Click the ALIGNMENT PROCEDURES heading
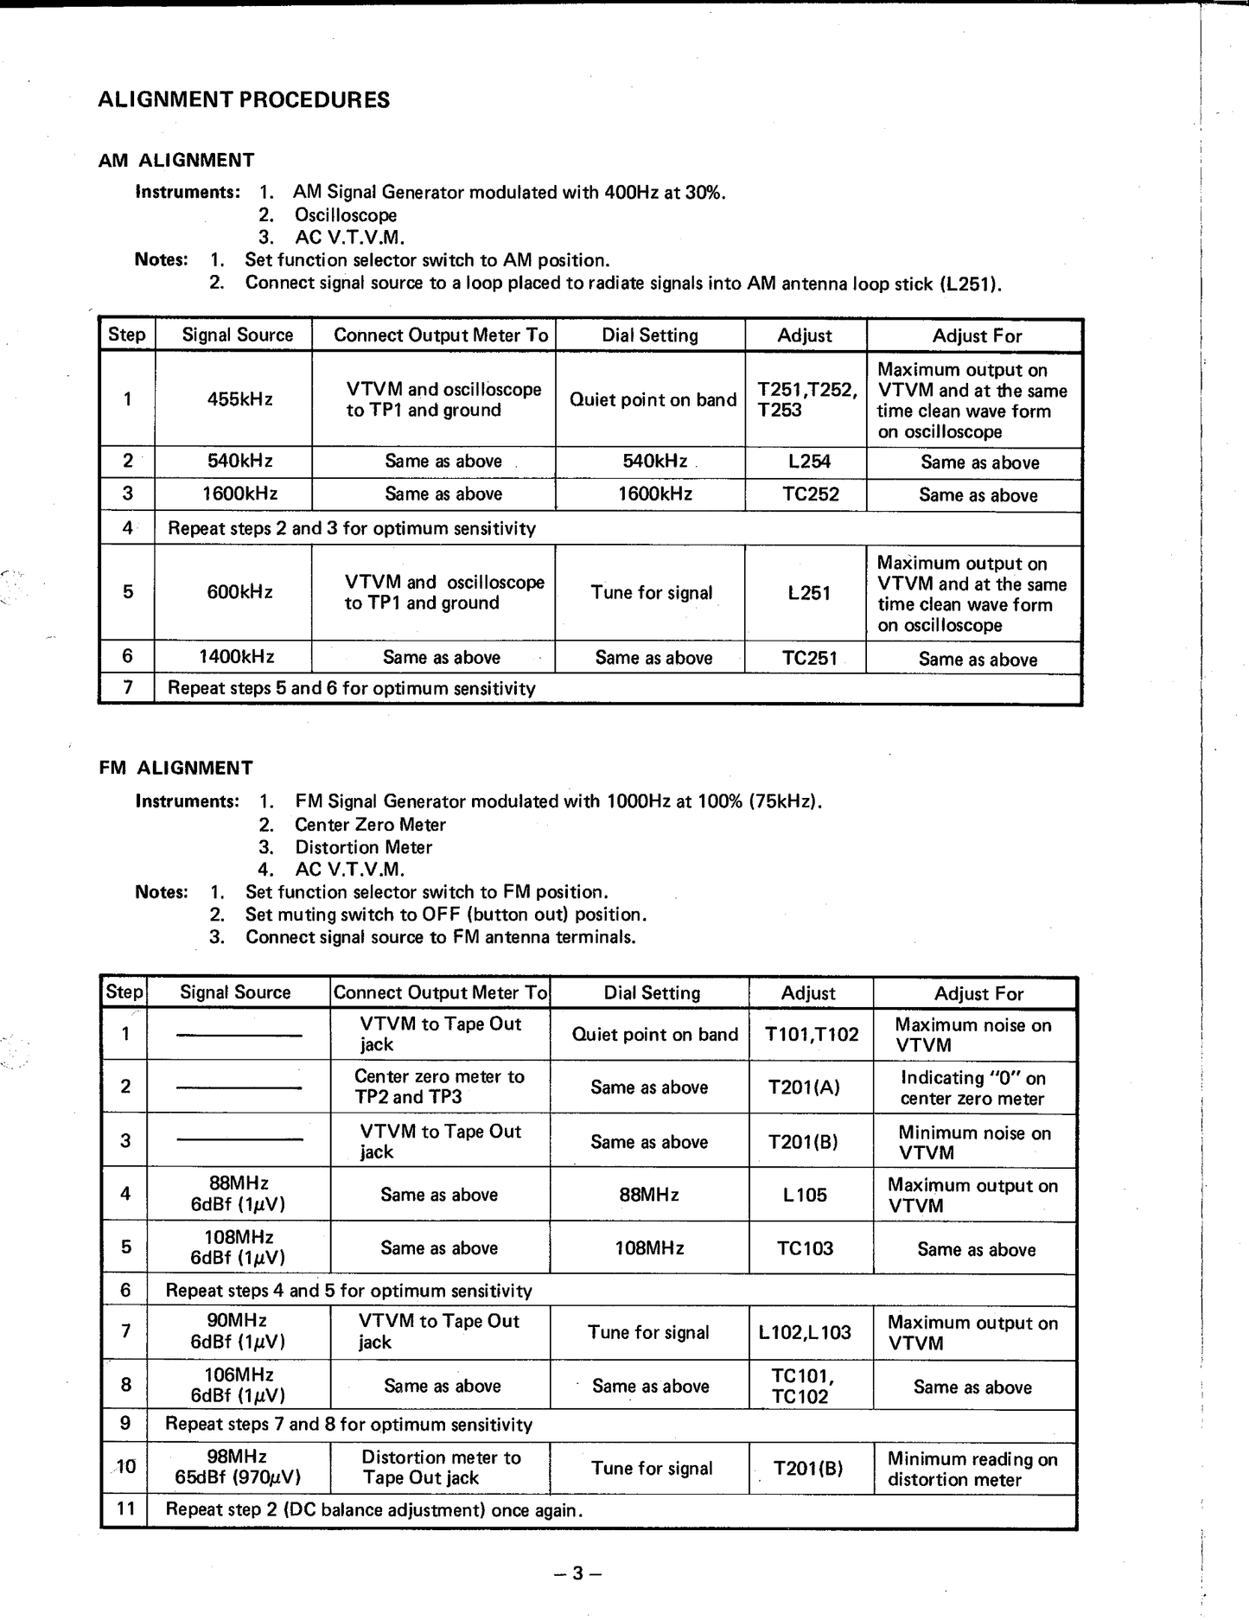click(x=244, y=100)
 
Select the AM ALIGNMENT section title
click(x=176, y=161)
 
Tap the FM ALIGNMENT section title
click(x=176, y=768)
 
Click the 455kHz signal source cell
click(x=239, y=399)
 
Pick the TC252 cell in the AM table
click(x=810, y=494)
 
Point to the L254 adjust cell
click(x=809, y=462)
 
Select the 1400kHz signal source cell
click(x=237, y=657)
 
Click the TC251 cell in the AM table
click(x=810, y=658)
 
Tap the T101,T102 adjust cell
click(x=812, y=1035)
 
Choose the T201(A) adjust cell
click(x=804, y=1087)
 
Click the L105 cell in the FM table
click(x=805, y=1195)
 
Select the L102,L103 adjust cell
click(x=805, y=1332)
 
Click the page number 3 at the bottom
click(x=577, y=1573)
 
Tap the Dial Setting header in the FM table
click(x=652, y=992)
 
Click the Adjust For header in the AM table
click(x=977, y=335)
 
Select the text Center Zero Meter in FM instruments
click(x=370, y=825)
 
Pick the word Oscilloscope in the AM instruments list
click(x=346, y=215)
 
